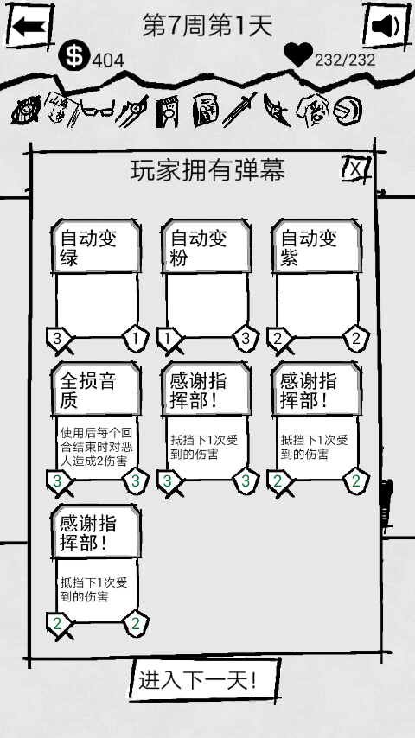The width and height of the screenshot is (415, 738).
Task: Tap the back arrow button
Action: (29, 26)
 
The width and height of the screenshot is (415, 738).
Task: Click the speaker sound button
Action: (386, 26)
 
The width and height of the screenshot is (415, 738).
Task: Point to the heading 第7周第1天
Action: (207, 25)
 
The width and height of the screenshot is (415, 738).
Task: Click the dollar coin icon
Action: (73, 55)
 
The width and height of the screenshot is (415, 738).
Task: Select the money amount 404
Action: (108, 60)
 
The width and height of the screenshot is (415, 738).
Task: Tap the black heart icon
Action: (298, 54)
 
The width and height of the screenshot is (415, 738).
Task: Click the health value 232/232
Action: (345, 60)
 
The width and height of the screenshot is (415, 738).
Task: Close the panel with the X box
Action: (356, 168)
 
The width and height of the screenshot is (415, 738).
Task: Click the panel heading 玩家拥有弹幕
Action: (207, 170)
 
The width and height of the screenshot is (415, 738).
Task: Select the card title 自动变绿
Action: (88, 248)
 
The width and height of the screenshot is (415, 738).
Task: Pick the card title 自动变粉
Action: (198, 248)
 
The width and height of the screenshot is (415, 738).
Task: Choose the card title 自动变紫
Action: (309, 248)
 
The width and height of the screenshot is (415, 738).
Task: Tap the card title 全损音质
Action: (88, 391)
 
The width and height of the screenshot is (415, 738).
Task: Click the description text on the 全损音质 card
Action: (94, 446)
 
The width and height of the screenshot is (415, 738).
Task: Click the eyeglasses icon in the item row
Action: (97, 111)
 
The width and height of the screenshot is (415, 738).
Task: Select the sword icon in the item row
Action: (239, 110)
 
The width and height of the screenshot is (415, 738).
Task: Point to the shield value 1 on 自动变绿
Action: (135, 338)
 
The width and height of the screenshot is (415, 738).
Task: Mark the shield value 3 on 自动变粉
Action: (246, 338)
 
